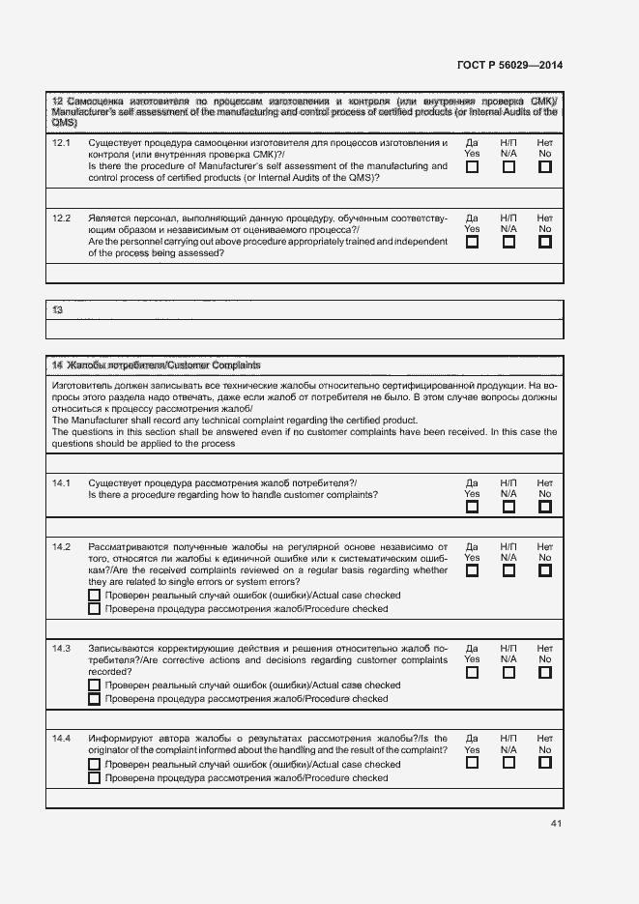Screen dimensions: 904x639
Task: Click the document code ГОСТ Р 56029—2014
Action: click(508, 66)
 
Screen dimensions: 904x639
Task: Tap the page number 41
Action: click(555, 824)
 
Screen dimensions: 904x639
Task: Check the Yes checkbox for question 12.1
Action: click(472, 167)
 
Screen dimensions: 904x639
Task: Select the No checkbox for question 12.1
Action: click(545, 167)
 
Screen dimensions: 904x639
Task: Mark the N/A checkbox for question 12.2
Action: click(508, 243)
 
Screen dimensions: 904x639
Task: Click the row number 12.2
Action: click(62, 219)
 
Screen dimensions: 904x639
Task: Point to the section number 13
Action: click(58, 310)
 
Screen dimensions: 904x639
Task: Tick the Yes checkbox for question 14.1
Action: click(472, 507)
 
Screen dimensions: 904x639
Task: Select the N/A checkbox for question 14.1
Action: click(508, 507)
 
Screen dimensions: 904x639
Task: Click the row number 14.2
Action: click(62, 547)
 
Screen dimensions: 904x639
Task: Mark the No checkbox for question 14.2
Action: click(545, 570)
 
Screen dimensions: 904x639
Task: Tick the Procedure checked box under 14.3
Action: click(94, 699)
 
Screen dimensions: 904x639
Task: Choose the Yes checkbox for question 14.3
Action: click(472, 673)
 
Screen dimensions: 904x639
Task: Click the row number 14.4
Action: click(62, 739)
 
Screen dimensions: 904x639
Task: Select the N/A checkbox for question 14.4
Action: click(508, 762)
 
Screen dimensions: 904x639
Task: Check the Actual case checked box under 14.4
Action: click(94, 764)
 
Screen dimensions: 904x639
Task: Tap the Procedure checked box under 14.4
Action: click(94, 777)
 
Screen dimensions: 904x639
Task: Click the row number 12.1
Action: click(62, 143)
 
